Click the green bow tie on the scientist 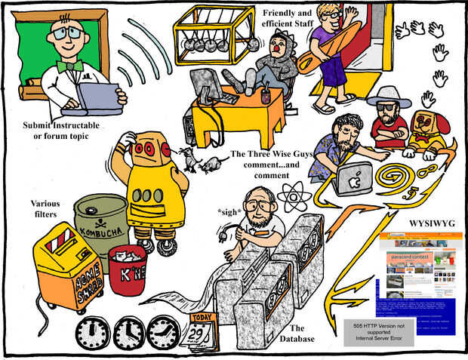pyautogui.click(x=70, y=66)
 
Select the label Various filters pyautogui.click(x=45, y=208)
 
